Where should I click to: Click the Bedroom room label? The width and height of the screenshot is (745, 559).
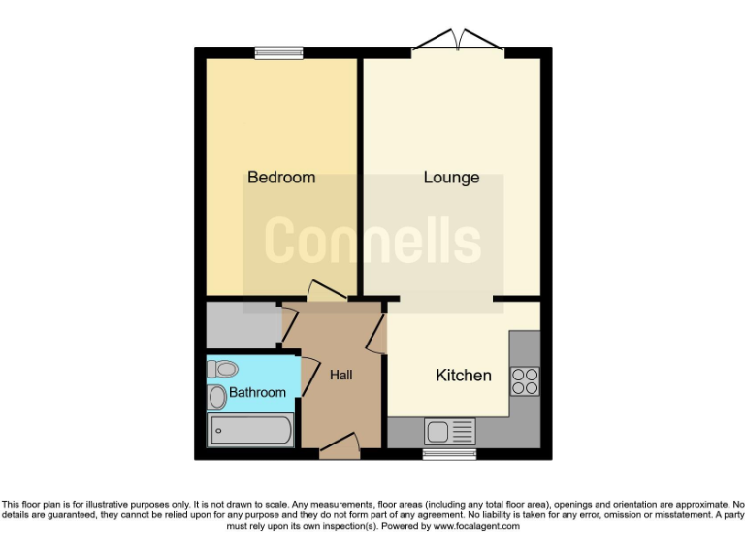click(281, 178)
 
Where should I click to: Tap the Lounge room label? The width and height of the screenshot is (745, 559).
click(451, 178)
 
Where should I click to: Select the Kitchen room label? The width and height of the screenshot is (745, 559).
click(463, 376)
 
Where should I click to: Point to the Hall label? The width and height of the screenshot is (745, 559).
click(340, 376)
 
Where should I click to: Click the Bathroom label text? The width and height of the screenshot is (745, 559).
click(257, 393)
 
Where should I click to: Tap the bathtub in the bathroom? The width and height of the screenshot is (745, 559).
click(250, 429)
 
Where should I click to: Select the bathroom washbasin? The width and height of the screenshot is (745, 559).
click(216, 396)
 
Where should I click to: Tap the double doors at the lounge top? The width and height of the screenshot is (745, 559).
click(459, 42)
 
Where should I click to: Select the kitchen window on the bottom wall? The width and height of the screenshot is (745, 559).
click(449, 452)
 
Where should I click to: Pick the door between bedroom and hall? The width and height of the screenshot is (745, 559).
click(323, 292)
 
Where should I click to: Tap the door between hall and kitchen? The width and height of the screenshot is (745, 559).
click(377, 329)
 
